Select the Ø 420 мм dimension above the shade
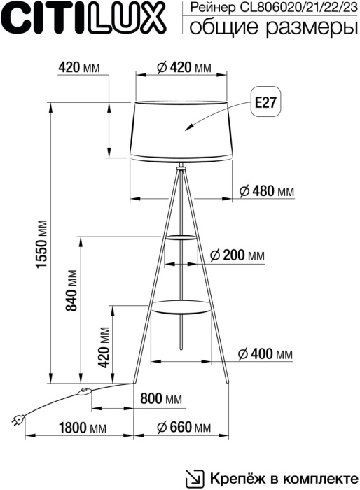[x=181, y=67]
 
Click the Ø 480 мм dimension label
[x=266, y=190]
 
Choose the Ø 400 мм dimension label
[x=265, y=354]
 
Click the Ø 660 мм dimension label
[x=183, y=427]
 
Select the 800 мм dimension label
[x=161, y=399]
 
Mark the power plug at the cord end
[x=17, y=419]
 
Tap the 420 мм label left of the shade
[x=78, y=67]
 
